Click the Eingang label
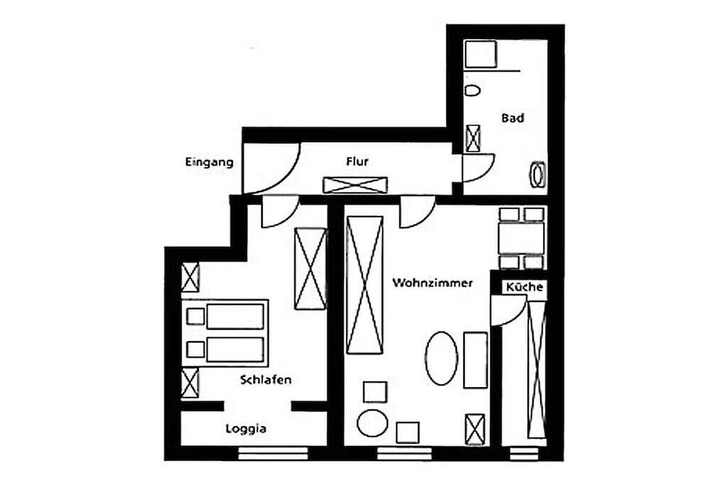point(209,162)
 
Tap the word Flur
point(357,162)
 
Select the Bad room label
point(513,118)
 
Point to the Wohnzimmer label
point(433,283)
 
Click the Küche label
point(525,287)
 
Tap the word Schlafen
point(266,380)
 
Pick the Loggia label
point(246,429)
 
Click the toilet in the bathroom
point(473,90)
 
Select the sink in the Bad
point(538,175)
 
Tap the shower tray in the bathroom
point(480,54)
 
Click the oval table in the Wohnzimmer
point(442,358)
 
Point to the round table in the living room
point(373,423)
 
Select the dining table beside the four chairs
point(521,238)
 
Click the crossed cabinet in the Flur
point(355,185)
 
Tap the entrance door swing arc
point(285,178)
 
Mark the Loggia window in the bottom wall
point(273,453)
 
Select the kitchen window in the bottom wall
point(524,454)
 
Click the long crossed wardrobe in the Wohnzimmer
point(365,285)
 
